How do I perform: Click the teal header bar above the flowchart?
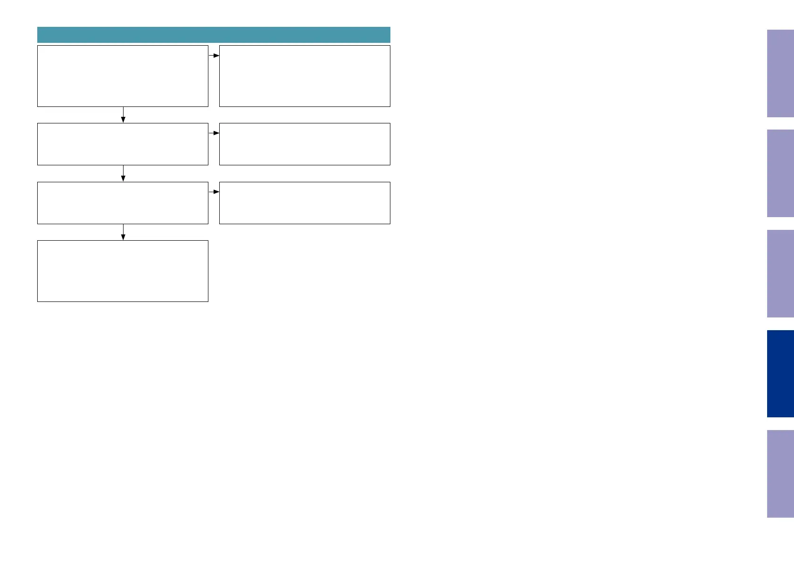[x=214, y=35]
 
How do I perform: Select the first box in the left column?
[x=123, y=76]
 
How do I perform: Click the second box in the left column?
[x=123, y=144]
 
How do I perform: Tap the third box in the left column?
[x=123, y=203]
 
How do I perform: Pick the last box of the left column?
[x=123, y=271]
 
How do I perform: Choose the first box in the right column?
[x=305, y=76]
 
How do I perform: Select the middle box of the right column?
[x=305, y=144]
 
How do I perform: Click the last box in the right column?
[x=305, y=203]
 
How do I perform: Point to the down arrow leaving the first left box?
[x=123, y=115]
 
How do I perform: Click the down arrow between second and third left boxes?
[x=123, y=173]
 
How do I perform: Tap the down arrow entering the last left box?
[x=123, y=232]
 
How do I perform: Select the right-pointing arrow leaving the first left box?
[x=214, y=56]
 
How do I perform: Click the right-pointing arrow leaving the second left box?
[x=214, y=133]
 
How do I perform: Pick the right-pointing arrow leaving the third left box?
[x=214, y=192]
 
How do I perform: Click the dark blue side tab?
[x=780, y=374]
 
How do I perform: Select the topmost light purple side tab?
[x=780, y=73]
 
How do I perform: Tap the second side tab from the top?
[x=780, y=173]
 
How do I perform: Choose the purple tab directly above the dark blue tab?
[x=780, y=274]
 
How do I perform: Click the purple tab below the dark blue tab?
[x=780, y=474]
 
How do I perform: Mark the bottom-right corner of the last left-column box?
[x=208, y=301]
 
